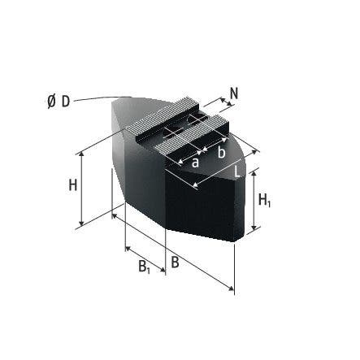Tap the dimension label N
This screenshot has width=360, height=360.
tap(234, 93)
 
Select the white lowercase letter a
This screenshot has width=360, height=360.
tap(195, 162)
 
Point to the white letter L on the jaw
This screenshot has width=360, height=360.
tap(236, 171)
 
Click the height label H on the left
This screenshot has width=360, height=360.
tap(72, 185)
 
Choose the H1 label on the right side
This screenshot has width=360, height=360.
tap(263, 200)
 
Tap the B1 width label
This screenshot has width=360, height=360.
tap(142, 266)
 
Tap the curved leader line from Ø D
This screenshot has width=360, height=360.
tap(102, 98)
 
